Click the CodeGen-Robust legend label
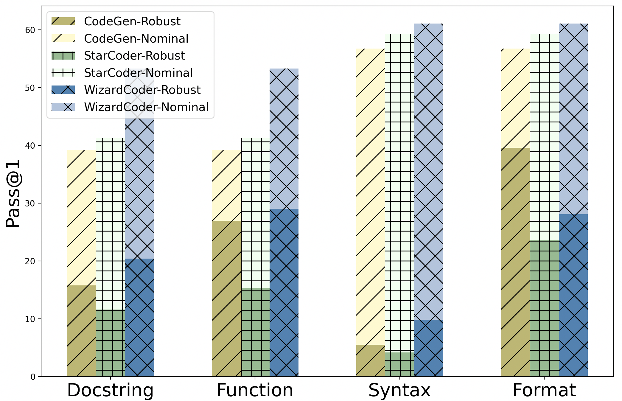132,21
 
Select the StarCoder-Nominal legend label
138,73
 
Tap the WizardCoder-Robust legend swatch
63,90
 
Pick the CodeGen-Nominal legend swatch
63,38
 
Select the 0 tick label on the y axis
33,377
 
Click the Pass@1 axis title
13,194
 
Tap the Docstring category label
110,390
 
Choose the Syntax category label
399,390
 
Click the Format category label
544,390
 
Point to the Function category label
255,390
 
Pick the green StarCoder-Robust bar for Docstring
110,343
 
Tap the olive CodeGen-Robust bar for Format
515,262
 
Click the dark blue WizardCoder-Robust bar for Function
284,293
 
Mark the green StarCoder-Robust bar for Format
544,308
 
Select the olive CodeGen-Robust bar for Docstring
81,331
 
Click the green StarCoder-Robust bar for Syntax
399,364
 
